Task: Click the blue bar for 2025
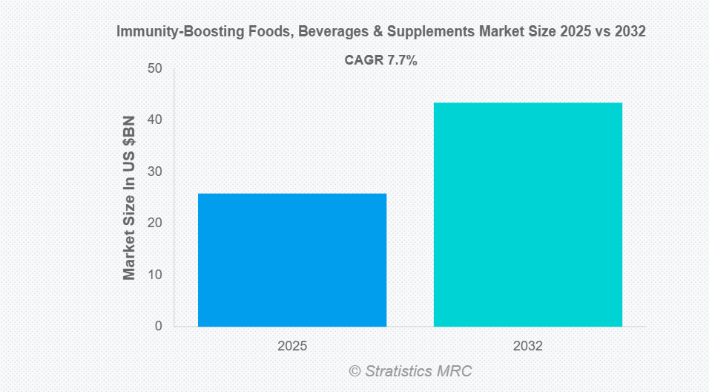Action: click(x=292, y=260)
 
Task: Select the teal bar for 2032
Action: click(x=527, y=215)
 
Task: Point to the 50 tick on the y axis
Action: click(x=154, y=68)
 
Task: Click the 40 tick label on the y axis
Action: click(x=154, y=120)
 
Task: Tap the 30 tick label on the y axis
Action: click(x=154, y=171)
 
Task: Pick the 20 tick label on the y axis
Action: click(x=154, y=223)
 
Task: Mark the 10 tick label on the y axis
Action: click(x=154, y=275)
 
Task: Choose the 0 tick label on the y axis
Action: click(x=158, y=326)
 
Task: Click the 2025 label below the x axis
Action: click(x=292, y=346)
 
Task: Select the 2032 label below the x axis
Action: click(x=527, y=346)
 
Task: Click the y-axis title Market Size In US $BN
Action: click(x=129, y=197)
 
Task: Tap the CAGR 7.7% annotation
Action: click(x=381, y=61)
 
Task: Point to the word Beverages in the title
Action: click(x=301, y=32)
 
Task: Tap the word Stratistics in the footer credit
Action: click(x=400, y=370)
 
